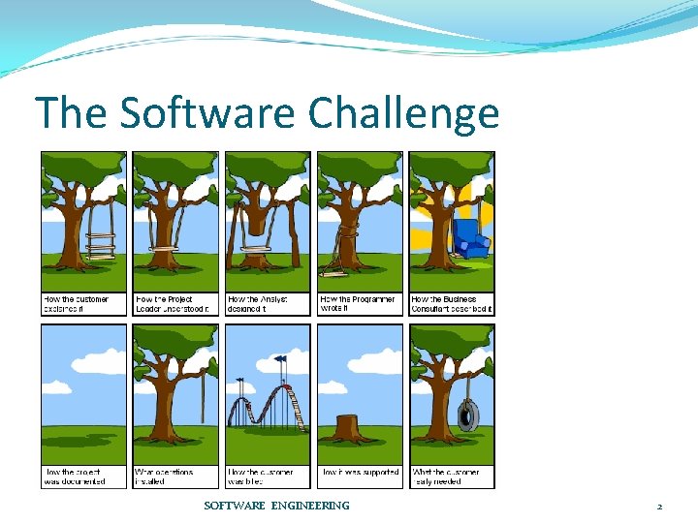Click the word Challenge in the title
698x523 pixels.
[x=403, y=114]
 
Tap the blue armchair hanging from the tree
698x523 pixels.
[x=469, y=238]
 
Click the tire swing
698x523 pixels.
[x=468, y=415]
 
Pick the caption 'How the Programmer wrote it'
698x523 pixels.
[x=359, y=304]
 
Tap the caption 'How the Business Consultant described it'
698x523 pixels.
[x=452, y=304]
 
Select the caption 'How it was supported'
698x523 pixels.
[x=360, y=473]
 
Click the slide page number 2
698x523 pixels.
[x=659, y=507]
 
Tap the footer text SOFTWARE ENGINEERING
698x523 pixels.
[x=276, y=506]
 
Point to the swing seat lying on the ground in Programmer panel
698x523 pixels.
[x=340, y=261]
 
